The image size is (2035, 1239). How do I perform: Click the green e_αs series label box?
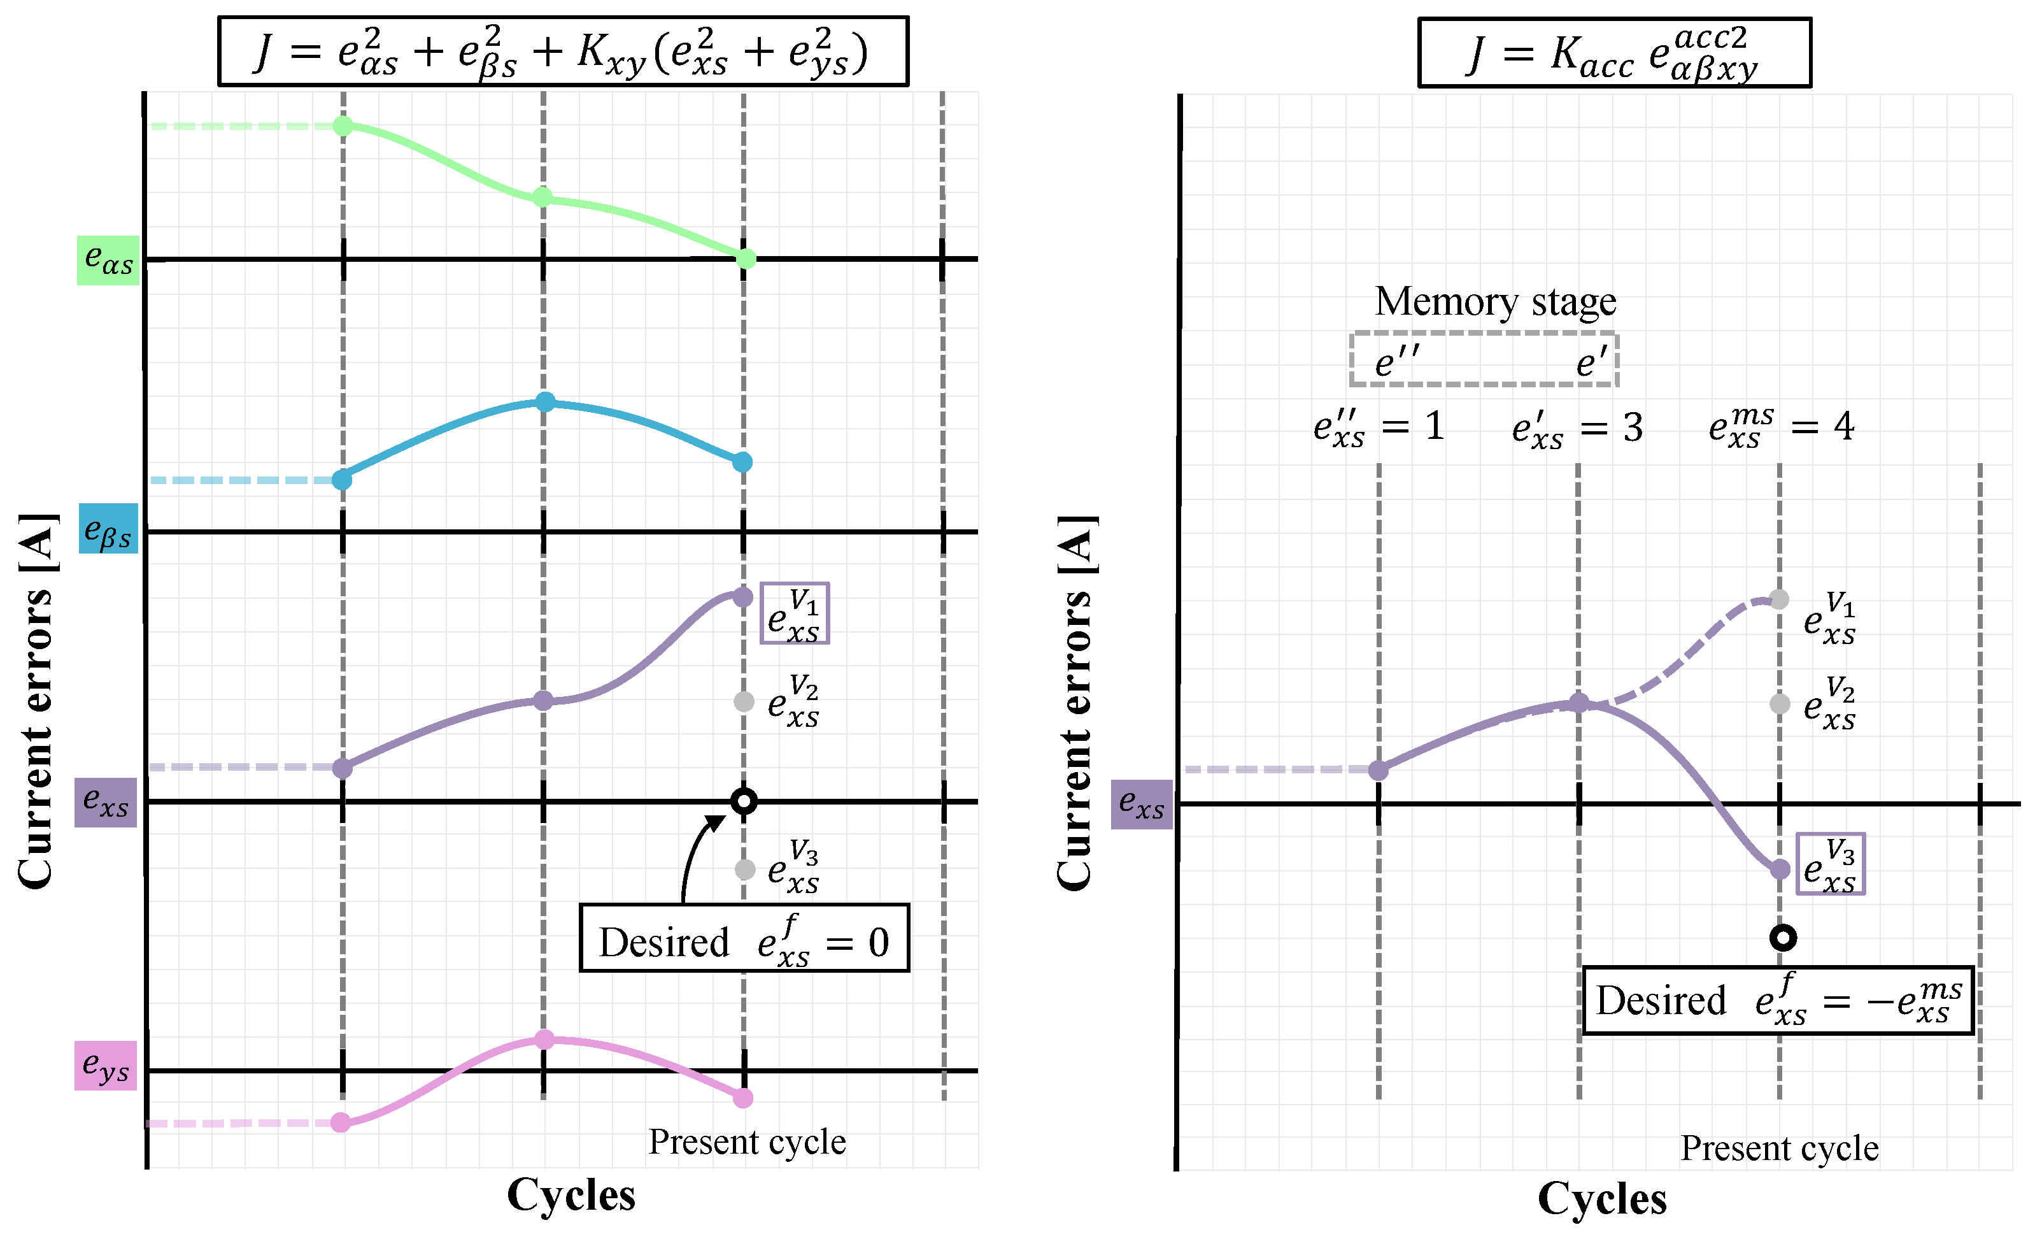pyautogui.click(x=108, y=260)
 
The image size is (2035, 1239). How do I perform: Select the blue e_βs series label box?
pyautogui.click(x=108, y=529)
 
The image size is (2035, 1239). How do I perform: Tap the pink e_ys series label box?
pyautogui.click(x=106, y=1066)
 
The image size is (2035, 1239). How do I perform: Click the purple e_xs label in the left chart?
pyautogui.click(x=106, y=802)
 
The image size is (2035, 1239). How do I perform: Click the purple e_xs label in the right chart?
pyautogui.click(x=1142, y=804)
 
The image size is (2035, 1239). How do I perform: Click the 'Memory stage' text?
pyautogui.click(x=1495, y=301)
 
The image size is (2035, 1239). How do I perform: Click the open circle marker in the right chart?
pyautogui.click(x=1782, y=938)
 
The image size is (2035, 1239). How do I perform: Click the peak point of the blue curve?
pyautogui.click(x=545, y=402)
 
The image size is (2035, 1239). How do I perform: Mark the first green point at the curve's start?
pyautogui.click(x=344, y=126)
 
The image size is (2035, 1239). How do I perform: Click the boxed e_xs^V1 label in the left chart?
pyautogui.click(x=795, y=613)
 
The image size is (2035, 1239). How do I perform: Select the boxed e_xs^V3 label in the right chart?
pyautogui.click(x=1830, y=864)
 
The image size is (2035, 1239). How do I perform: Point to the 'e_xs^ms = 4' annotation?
pyautogui.click(x=1780, y=427)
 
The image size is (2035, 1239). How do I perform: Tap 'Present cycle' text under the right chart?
pyautogui.click(x=1779, y=1148)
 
